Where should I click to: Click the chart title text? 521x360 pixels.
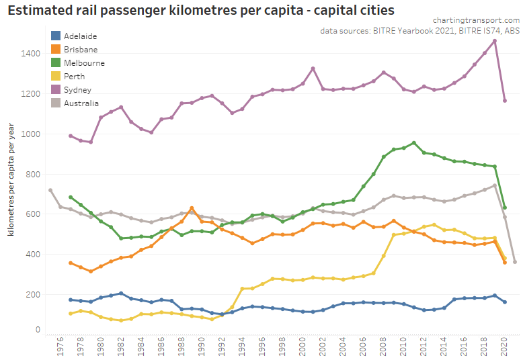tap(201, 11)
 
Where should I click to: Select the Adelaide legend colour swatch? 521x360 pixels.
tap(56, 36)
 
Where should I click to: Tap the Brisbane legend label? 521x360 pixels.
tap(81, 50)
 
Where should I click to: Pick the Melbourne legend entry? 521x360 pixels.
tap(84, 63)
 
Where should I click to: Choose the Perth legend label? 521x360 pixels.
tap(74, 77)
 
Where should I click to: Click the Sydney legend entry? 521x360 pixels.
tap(77, 90)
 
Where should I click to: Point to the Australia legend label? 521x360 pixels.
tap(81, 103)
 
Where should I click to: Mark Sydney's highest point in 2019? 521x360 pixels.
tap(495, 41)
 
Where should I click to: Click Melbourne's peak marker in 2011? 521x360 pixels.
tap(414, 142)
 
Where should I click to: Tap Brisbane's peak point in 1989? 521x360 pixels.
tap(192, 208)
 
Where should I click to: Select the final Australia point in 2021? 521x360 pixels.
tap(515, 262)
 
